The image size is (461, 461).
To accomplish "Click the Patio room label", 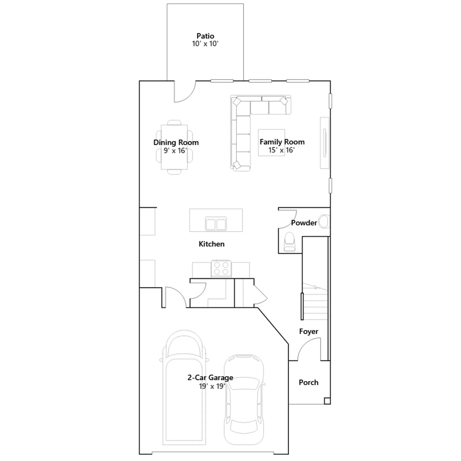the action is [205, 36].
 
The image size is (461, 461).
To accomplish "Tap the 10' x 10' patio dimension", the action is [205, 44].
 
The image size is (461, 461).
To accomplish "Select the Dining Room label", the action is [176, 142].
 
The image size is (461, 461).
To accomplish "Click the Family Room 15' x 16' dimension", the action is [281, 150].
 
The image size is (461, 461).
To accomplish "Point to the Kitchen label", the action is [211, 244].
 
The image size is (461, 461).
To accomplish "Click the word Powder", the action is [304, 223].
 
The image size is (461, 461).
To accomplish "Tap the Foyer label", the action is [309, 331].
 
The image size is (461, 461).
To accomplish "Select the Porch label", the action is [309, 382].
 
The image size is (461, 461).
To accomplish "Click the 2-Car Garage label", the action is [210, 377].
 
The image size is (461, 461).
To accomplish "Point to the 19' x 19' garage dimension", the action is [212, 386].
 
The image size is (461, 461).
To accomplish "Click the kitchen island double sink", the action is [216, 224].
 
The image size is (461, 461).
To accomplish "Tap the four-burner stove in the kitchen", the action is [221, 269].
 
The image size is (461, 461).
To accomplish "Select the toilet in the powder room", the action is [290, 242].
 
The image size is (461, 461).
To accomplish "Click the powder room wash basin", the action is [324, 222].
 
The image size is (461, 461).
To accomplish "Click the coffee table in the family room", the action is [271, 143].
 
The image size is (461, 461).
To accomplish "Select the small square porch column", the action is [327, 401].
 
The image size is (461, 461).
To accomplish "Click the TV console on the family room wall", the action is [325, 143].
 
